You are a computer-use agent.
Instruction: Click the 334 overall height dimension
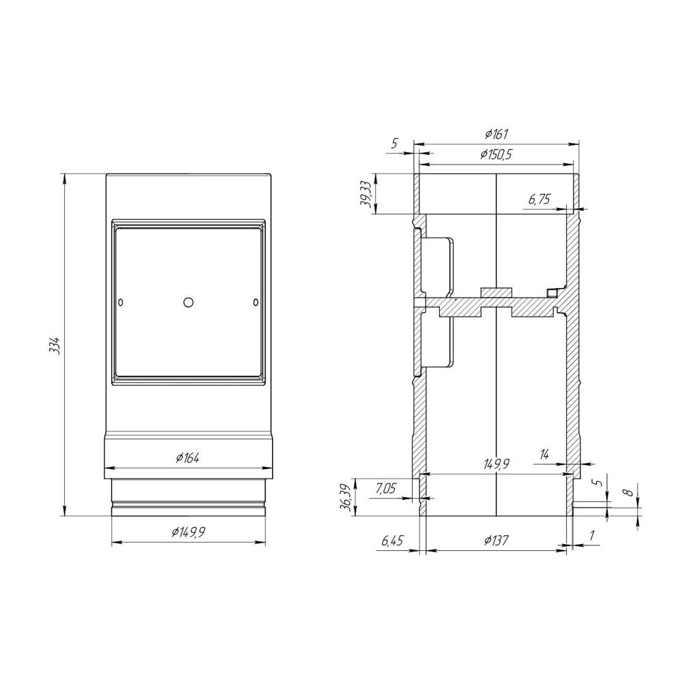(x=55, y=345)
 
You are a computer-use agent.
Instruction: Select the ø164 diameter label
(x=188, y=457)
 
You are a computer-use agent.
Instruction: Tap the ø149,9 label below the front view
(x=188, y=532)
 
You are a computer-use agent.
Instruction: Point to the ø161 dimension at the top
(x=496, y=134)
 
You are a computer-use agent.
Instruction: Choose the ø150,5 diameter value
(x=496, y=154)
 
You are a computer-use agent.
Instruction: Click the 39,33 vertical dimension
(x=367, y=195)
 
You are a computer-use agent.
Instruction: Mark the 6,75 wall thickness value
(x=539, y=199)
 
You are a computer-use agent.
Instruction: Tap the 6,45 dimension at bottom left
(x=392, y=541)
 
